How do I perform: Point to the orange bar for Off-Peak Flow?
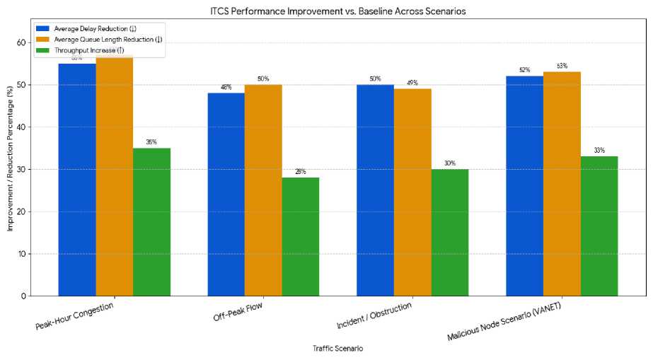pos(263,190)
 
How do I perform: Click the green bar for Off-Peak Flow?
pos(300,236)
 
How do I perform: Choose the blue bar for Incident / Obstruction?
pos(375,190)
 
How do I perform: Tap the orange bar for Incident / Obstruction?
pos(412,192)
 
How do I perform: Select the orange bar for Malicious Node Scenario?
pos(562,184)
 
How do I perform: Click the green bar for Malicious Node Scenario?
pos(599,226)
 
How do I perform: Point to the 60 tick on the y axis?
pos(23,42)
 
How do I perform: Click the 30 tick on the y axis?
pos(23,169)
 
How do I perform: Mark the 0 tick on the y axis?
pos(25,296)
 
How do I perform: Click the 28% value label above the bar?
pos(301,172)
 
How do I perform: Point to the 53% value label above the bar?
pos(562,66)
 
